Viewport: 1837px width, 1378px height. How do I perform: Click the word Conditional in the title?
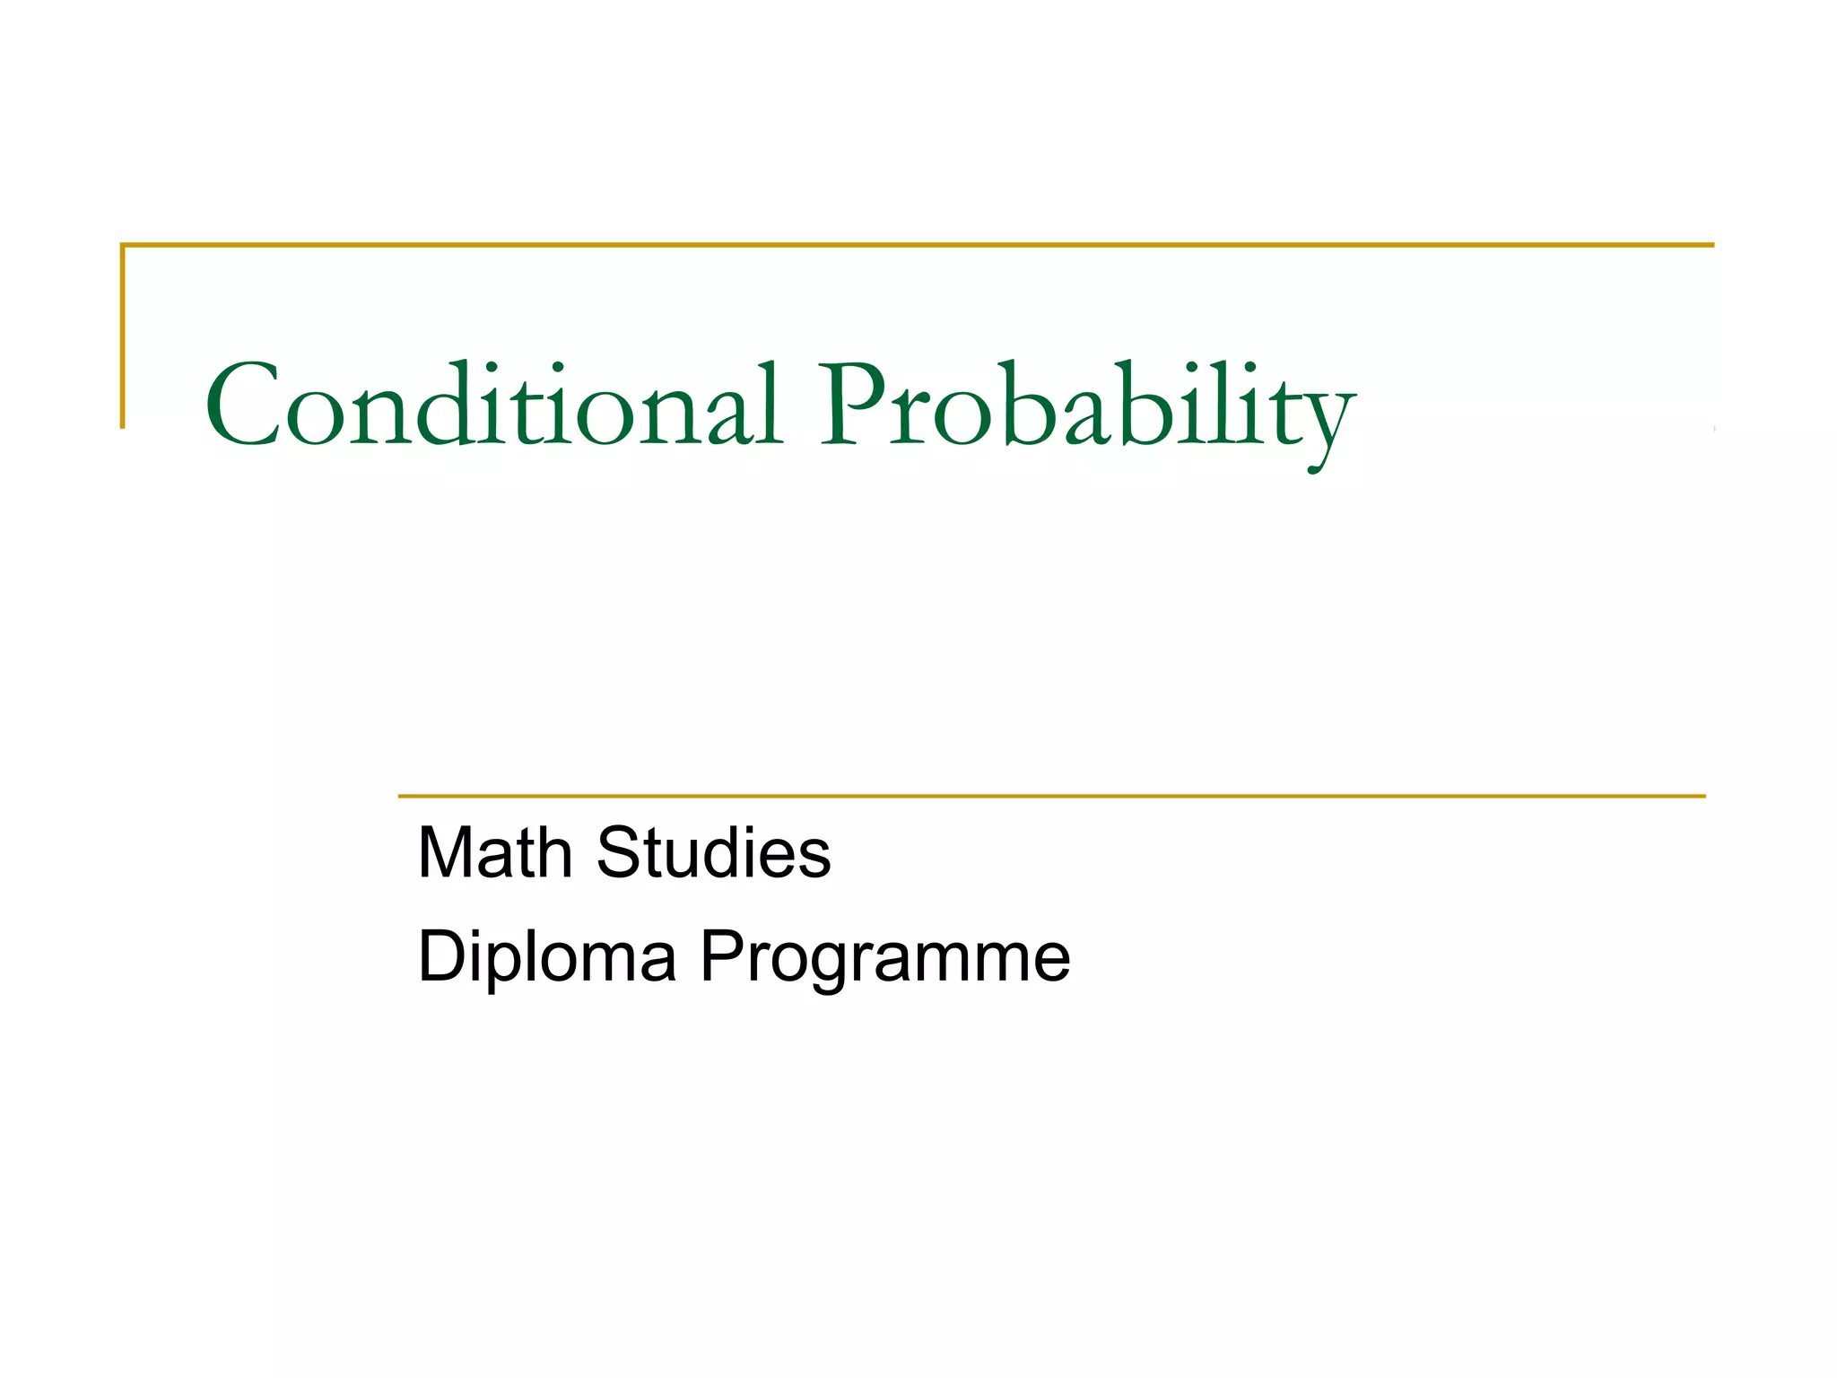point(492,405)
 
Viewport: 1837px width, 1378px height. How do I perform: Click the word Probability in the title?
point(1085,408)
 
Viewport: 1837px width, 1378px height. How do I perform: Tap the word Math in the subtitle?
point(495,852)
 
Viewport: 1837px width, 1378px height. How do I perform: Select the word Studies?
point(713,852)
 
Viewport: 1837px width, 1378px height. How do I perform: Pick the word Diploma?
point(546,957)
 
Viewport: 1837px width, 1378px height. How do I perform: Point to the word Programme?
point(884,960)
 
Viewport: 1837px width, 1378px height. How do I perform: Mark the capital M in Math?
point(448,852)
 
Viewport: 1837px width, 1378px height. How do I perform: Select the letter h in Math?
point(553,852)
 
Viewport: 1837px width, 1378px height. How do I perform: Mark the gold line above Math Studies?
point(1050,796)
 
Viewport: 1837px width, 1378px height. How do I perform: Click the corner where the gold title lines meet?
point(123,244)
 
